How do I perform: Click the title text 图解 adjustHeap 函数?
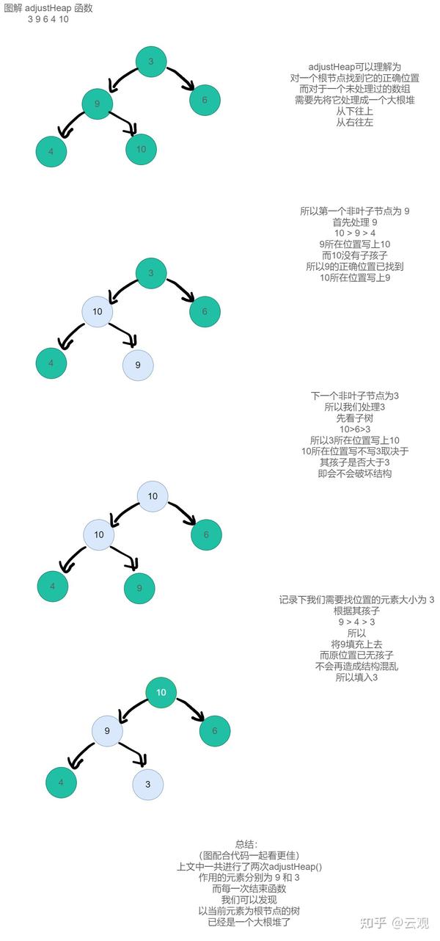(x=48, y=7)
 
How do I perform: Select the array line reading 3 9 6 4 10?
(x=48, y=19)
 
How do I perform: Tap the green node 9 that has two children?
(x=97, y=103)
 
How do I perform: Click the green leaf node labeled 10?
(x=141, y=149)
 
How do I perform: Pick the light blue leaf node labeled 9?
(x=138, y=365)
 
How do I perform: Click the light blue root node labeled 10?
(x=153, y=496)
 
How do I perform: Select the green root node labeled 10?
(x=161, y=692)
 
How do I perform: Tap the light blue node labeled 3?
(x=147, y=784)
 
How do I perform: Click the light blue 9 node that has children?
(x=107, y=731)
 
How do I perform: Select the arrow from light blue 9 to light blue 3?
(x=131, y=755)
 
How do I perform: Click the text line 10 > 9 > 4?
(x=354, y=233)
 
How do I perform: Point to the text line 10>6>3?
(x=354, y=429)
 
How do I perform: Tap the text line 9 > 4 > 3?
(x=356, y=622)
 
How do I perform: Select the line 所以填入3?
(x=356, y=677)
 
